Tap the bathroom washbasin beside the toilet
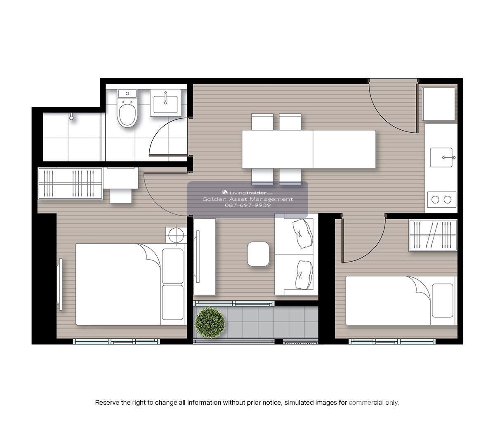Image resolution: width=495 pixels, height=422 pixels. pyautogui.click(x=165, y=103)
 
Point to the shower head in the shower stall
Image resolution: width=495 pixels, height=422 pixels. pyautogui.click(x=71, y=117)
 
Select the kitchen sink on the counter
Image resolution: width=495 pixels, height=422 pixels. pyautogui.click(x=441, y=157)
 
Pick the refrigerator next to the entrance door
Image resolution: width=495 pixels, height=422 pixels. pyautogui.click(x=439, y=104)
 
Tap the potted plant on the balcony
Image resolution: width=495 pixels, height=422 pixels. pyautogui.click(x=210, y=323)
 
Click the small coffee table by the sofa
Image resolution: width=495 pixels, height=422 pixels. pyautogui.click(x=258, y=254)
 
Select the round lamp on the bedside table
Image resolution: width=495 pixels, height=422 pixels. pyautogui.click(x=176, y=235)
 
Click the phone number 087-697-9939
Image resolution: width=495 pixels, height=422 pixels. pyautogui.click(x=247, y=205)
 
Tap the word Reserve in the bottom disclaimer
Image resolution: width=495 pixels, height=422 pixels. pyautogui.click(x=107, y=403)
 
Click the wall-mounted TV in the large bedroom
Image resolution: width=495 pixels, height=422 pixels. pyautogui.click(x=61, y=284)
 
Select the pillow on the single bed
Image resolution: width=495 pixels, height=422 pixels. pyautogui.click(x=443, y=300)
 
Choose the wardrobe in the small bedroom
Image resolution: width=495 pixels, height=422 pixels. pyautogui.click(x=433, y=235)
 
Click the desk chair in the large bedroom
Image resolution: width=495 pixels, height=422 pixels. pyautogui.click(x=121, y=196)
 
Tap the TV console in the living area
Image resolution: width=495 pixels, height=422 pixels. pyautogui.click(x=204, y=257)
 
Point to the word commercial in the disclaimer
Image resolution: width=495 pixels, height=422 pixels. pyautogui.click(x=365, y=403)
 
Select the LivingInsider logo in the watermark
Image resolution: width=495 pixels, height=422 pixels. pyautogui.click(x=247, y=192)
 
